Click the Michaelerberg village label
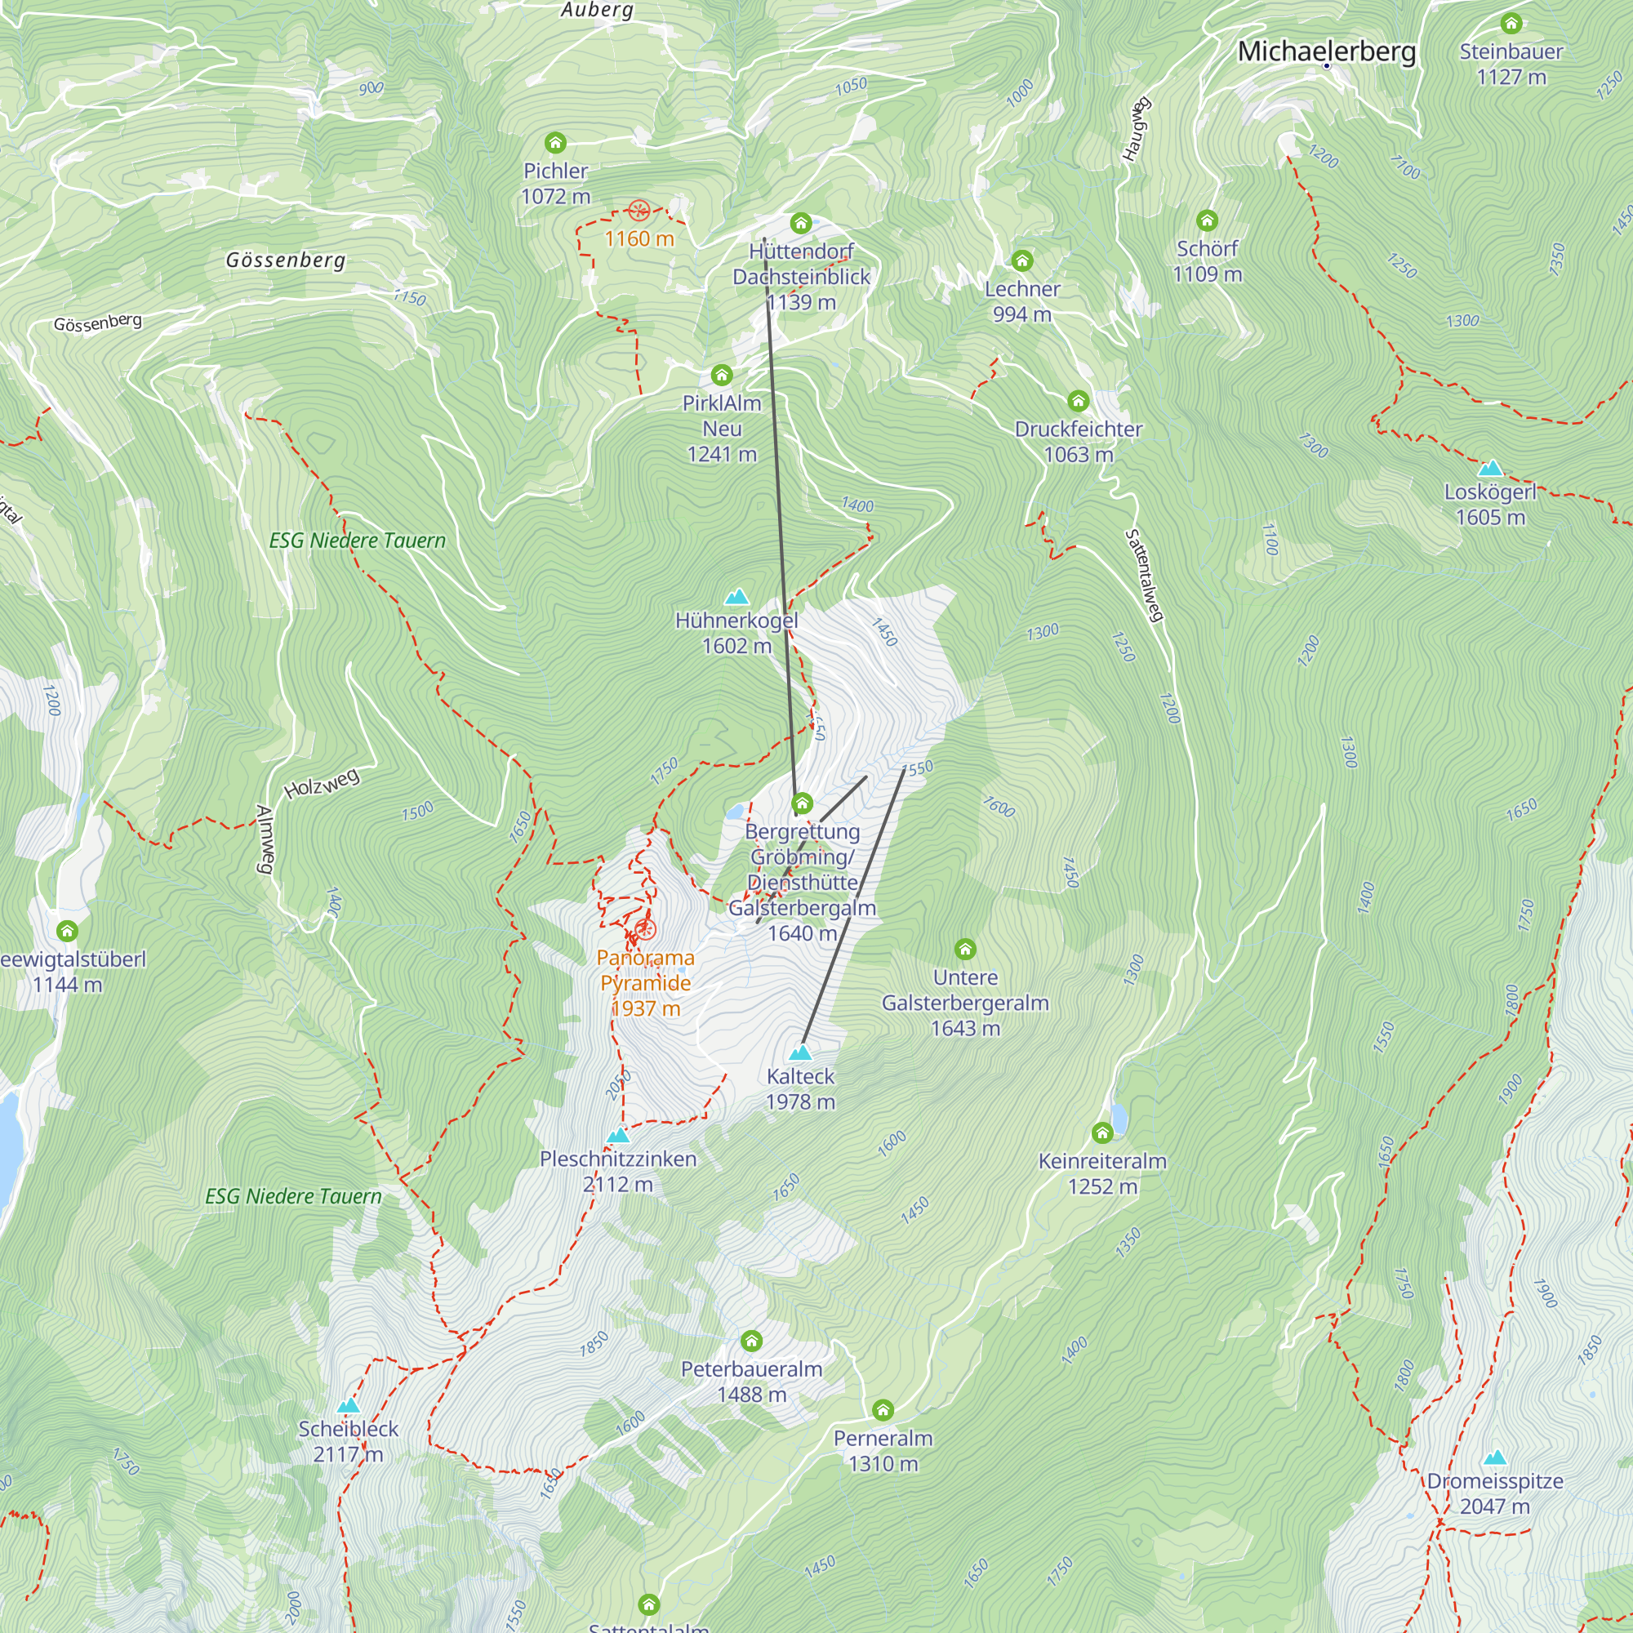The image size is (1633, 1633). point(1326,51)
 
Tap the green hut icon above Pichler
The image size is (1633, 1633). point(555,142)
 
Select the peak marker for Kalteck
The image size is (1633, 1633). point(799,1053)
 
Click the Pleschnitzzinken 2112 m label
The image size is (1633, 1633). point(618,1171)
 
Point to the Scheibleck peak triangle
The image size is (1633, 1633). point(349,1407)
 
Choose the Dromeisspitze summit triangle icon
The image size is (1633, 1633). point(1494,1458)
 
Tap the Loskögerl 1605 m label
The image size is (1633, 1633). point(1490,505)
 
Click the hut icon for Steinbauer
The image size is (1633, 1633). point(1511,23)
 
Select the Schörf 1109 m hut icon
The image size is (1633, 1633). point(1207,220)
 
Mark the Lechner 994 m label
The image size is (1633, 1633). point(1022,301)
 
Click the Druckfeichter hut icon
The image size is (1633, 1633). point(1078,400)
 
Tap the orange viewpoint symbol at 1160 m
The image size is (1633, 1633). point(639,210)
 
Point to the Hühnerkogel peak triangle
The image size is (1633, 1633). point(737,598)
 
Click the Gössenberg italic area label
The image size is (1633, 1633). point(286,260)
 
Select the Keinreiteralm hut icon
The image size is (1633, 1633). point(1102,1132)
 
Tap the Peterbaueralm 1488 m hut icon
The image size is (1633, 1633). point(751,1341)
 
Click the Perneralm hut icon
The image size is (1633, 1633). point(883,1410)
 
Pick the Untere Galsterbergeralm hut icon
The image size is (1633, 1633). point(965,948)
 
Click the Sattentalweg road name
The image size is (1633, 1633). point(1145,576)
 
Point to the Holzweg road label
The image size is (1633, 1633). point(322,784)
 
